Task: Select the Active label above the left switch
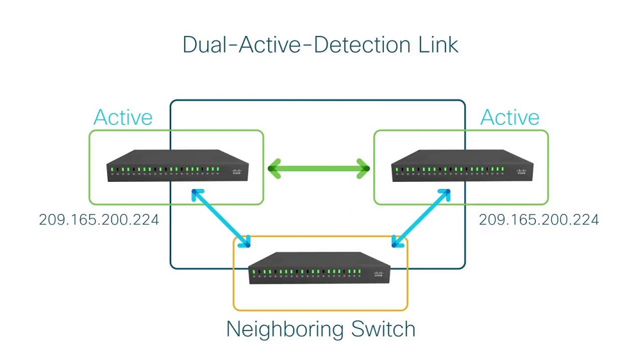pos(123,117)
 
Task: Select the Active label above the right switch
pos(510,117)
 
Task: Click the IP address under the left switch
pos(99,220)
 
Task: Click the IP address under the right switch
pos(539,220)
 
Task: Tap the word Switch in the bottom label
pos(383,329)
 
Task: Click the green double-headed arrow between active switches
pos(319,168)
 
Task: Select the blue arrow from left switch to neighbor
pos(221,218)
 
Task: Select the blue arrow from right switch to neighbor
pos(421,218)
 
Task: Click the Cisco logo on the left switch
pos(237,172)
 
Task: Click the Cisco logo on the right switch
pos(522,172)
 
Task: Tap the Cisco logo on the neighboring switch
pos(379,274)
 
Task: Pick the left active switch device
pos(178,165)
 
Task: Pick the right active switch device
pos(462,165)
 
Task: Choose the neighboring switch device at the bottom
pos(320,268)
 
